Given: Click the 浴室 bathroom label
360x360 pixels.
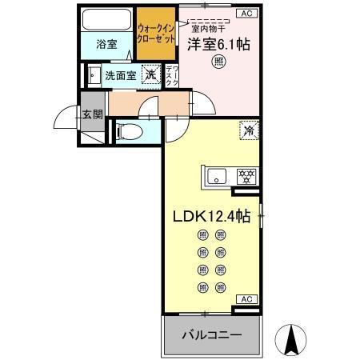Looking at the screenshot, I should pos(106,44).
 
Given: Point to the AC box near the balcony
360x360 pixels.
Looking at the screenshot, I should pos(246,298).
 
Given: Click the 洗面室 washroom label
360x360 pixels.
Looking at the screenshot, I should pos(121,76).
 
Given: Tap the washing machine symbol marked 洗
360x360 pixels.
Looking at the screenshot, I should pos(150,75).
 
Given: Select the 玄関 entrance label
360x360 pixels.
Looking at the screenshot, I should pos(92,114).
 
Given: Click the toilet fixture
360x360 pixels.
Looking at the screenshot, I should pos(131,131).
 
